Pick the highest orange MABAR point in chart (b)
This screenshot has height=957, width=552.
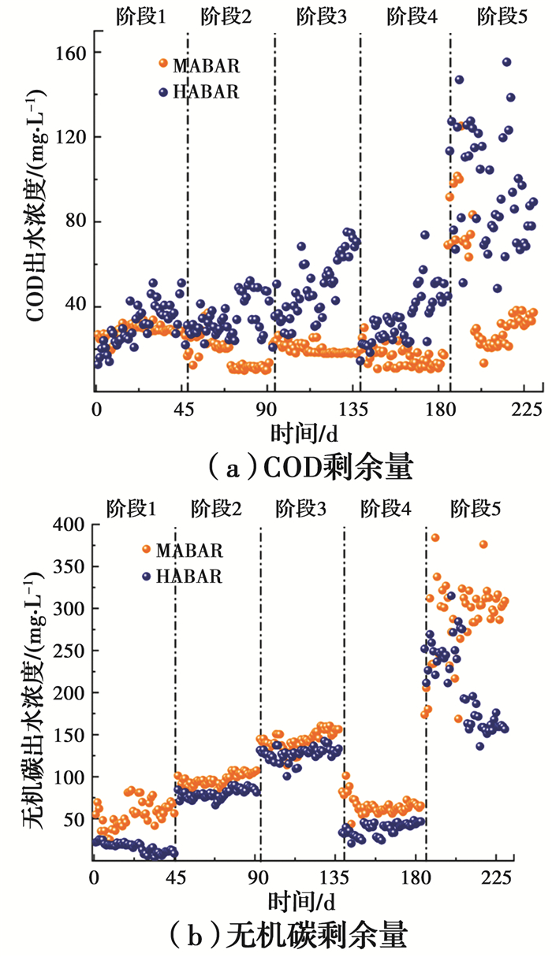coord(435,538)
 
